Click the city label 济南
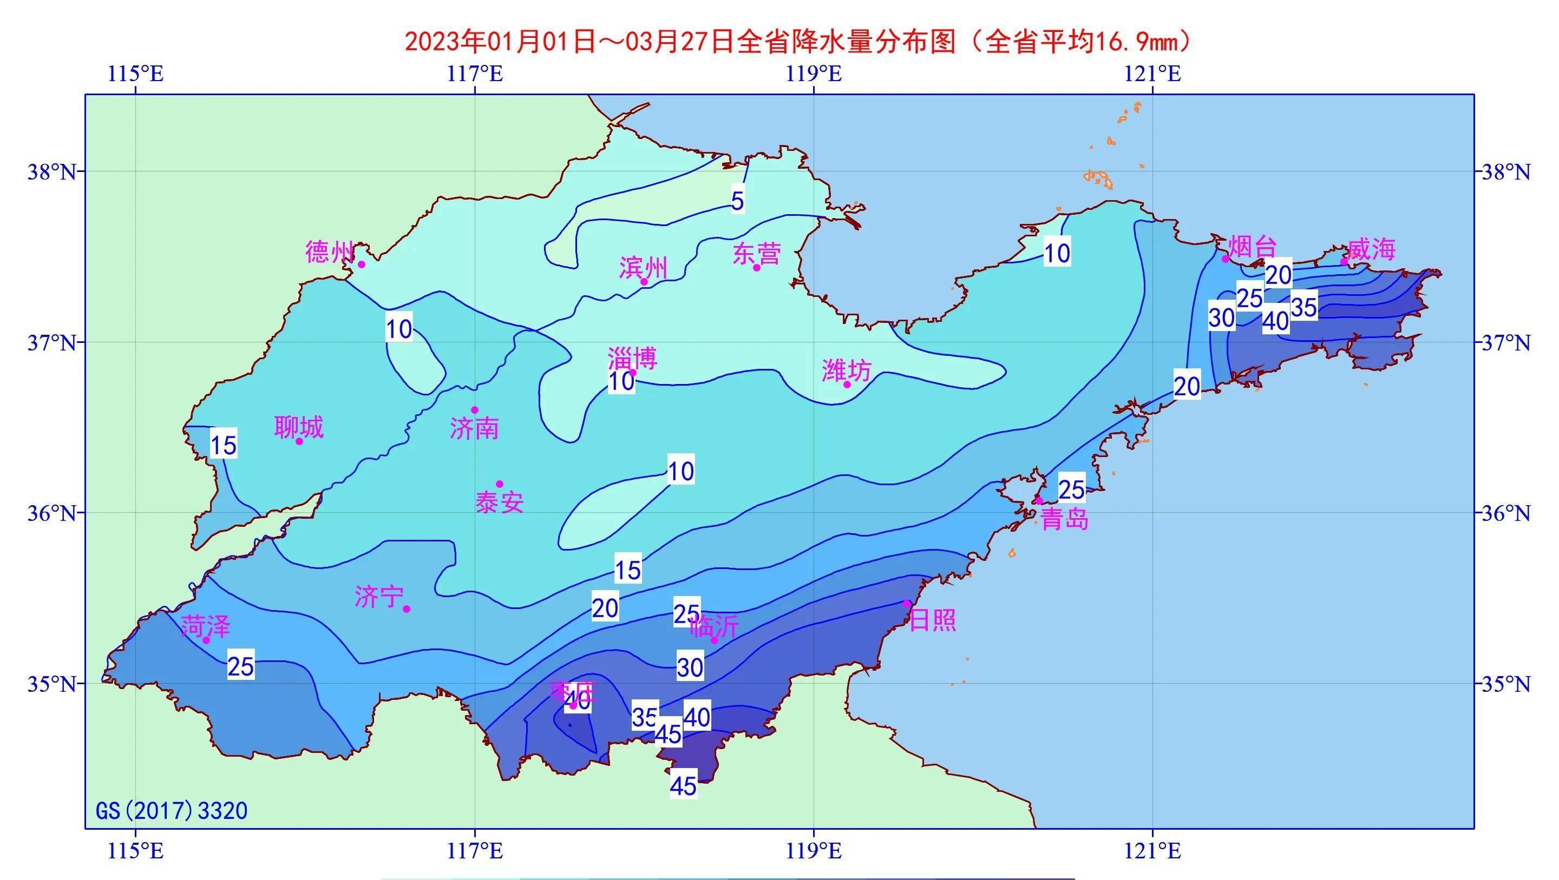(475, 429)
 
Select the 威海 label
(1371, 249)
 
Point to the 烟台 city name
(1252, 247)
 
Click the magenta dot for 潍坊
(847, 385)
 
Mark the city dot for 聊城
(299, 441)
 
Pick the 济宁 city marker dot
(407, 608)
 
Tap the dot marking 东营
(757, 267)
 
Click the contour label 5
(737, 201)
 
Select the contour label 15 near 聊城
(224, 446)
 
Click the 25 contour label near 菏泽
(241, 666)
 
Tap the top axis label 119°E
(814, 74)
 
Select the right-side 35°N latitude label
(1504, 684)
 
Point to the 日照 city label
(933, 620)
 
